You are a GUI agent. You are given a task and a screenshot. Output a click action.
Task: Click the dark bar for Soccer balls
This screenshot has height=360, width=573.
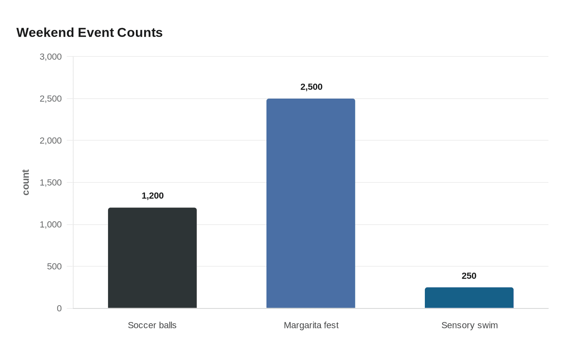(x=152, y=258)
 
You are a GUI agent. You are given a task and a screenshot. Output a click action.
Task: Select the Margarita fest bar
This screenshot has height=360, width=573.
(x=311, y=203)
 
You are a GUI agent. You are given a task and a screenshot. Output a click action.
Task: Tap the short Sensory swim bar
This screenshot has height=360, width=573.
(x=469, y=298)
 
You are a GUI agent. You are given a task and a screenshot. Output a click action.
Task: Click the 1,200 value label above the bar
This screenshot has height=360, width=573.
(x=152, y=196)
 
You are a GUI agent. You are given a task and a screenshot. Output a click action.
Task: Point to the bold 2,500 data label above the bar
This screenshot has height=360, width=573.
(x=311, y=87)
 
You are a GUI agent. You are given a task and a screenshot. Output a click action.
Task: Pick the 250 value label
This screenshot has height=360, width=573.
(x=469, y=276)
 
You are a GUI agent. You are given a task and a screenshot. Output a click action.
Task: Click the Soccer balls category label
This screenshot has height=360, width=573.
(x=152, y=325)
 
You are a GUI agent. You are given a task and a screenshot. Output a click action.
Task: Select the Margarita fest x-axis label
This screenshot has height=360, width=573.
(x=311, y=326)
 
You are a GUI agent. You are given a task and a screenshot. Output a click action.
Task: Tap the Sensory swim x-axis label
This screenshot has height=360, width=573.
(x=470, y=326)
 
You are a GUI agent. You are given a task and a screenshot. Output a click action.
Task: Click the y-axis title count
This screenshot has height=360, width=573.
(x=25, y=182)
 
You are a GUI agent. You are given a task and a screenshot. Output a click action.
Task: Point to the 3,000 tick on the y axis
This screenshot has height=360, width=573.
(x=51, y=57)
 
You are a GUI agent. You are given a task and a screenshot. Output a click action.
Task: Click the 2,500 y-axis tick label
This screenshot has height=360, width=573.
(x=51, y=99)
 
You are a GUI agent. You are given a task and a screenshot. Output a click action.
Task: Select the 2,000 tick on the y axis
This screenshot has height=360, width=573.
(x=51, y=141)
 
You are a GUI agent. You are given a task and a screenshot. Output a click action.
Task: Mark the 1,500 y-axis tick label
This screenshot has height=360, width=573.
(x=51, y=182)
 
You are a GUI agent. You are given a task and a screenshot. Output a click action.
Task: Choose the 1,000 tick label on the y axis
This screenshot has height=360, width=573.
(x=51, y=225)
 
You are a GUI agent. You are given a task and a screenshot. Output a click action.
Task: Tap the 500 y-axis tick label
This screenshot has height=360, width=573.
(x=54, y=266)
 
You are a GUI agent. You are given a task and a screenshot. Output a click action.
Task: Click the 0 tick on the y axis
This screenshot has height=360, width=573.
(x=59, y=308)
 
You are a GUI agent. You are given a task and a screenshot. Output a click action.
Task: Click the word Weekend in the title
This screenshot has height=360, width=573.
(x=45, y=33)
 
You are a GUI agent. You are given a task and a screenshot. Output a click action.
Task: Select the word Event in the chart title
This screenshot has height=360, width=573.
(x=96, y=33)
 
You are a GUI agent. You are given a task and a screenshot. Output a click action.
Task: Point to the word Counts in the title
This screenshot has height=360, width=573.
(x=140, y=33)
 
